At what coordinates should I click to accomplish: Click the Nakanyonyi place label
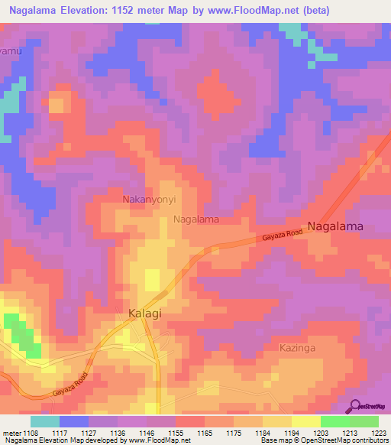[x=150, y=200]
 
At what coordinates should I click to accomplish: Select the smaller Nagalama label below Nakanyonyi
[x=196, y=219]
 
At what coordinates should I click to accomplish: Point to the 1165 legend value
[x=204, y=432]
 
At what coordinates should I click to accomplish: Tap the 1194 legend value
[x=292, y=432]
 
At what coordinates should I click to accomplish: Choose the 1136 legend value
[x=117, y=432]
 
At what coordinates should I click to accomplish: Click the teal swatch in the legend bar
[x=45, y=421]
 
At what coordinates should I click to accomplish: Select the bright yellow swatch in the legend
[x=305, y=421]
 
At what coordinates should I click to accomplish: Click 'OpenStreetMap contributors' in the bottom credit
[x=343, y=441]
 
